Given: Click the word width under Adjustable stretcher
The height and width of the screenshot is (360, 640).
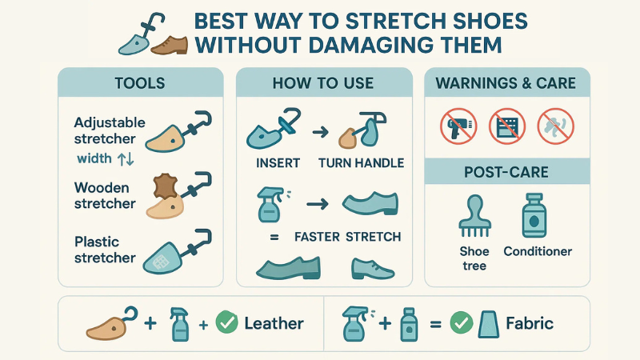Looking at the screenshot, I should coord(94,158).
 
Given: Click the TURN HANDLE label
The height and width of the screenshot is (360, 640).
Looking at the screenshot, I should coord(362,163).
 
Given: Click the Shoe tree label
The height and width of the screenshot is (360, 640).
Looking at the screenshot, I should coord(474,258).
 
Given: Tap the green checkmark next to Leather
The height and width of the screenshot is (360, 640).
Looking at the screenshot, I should coord(227,323).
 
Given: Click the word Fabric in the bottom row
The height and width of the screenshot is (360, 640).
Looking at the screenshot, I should coord(530,324).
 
